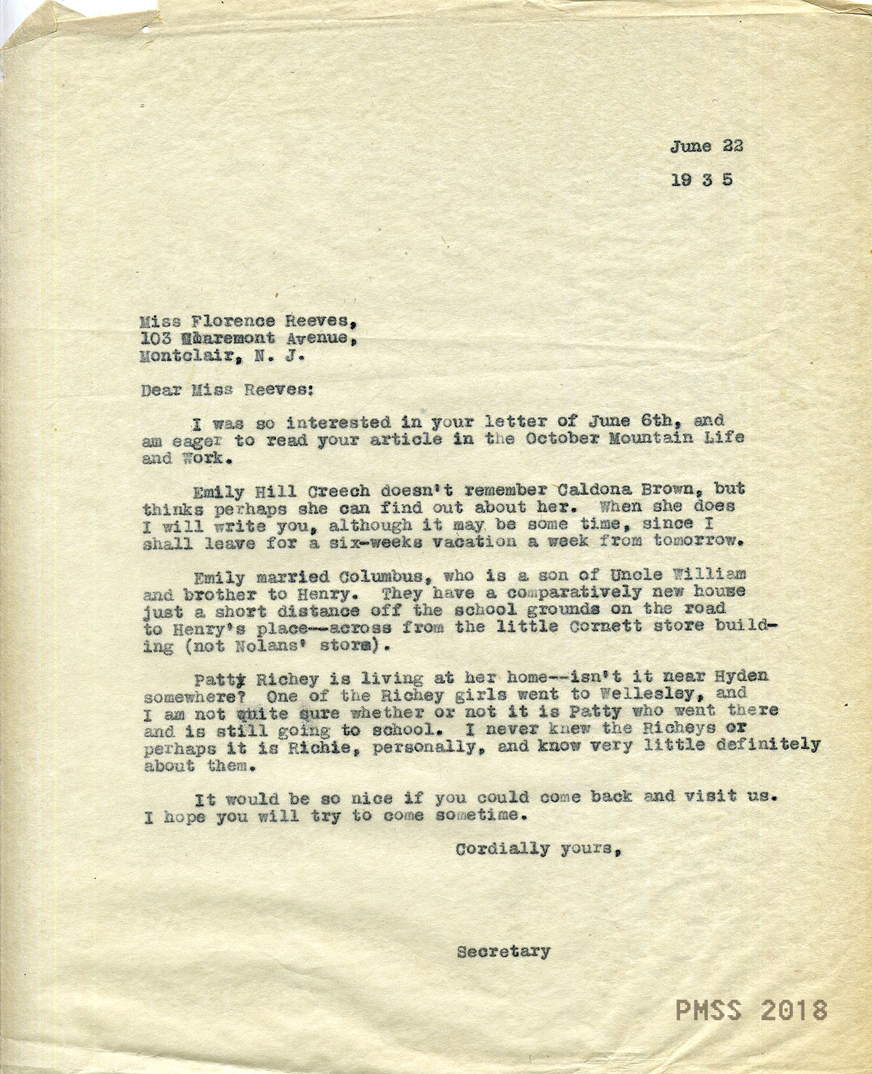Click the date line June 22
click(706, 146)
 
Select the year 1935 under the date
click(701, 179)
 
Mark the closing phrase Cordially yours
click(538, 848)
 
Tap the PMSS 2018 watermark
click(751, 1010)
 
